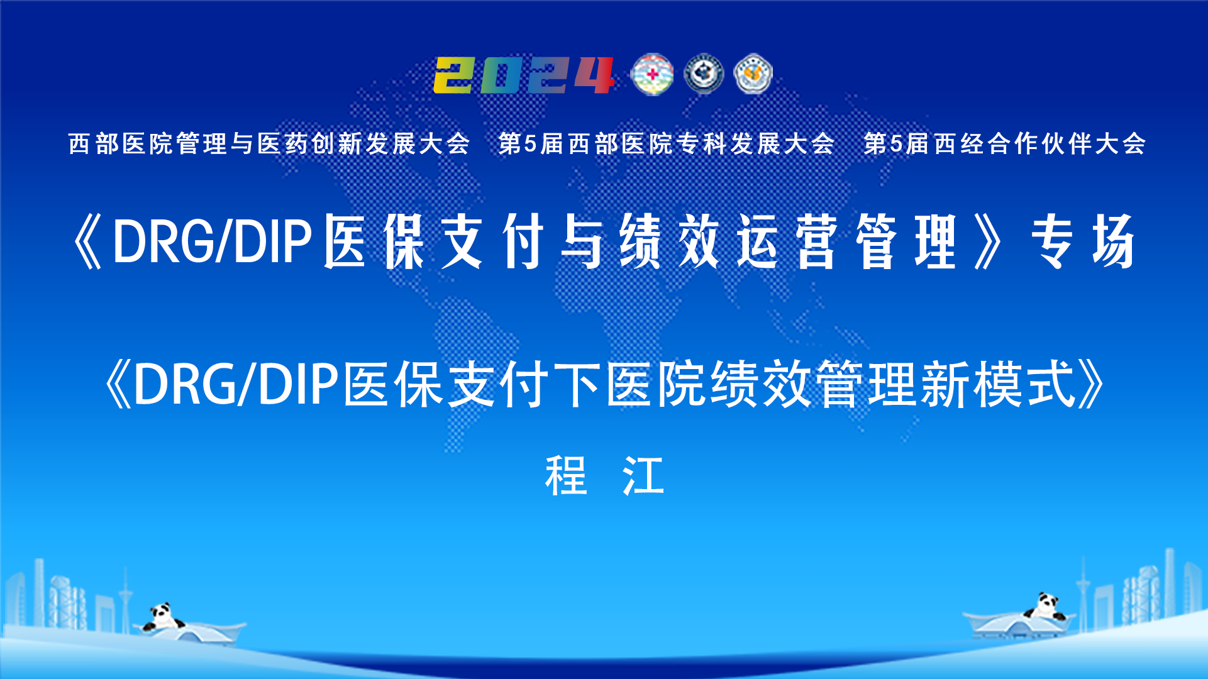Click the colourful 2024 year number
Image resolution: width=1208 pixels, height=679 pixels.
pos(524,75)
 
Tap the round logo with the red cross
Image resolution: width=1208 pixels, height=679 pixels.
pos(652,75)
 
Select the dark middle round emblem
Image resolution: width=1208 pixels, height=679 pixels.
pos(704,74)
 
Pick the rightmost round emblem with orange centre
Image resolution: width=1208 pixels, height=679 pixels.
pos(753,74)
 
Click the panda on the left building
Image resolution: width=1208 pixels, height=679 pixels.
pos(162,617)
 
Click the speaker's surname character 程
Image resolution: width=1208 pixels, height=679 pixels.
pos(566,476)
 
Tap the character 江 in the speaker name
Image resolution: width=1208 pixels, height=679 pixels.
pos(643,476)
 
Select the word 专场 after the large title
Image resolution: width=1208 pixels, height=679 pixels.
pos(1083,241)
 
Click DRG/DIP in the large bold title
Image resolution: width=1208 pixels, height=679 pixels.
pos(213,241)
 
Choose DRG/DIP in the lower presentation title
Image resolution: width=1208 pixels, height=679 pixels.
pos(236,384)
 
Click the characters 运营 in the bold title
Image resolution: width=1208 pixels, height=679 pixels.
pos(787,241)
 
